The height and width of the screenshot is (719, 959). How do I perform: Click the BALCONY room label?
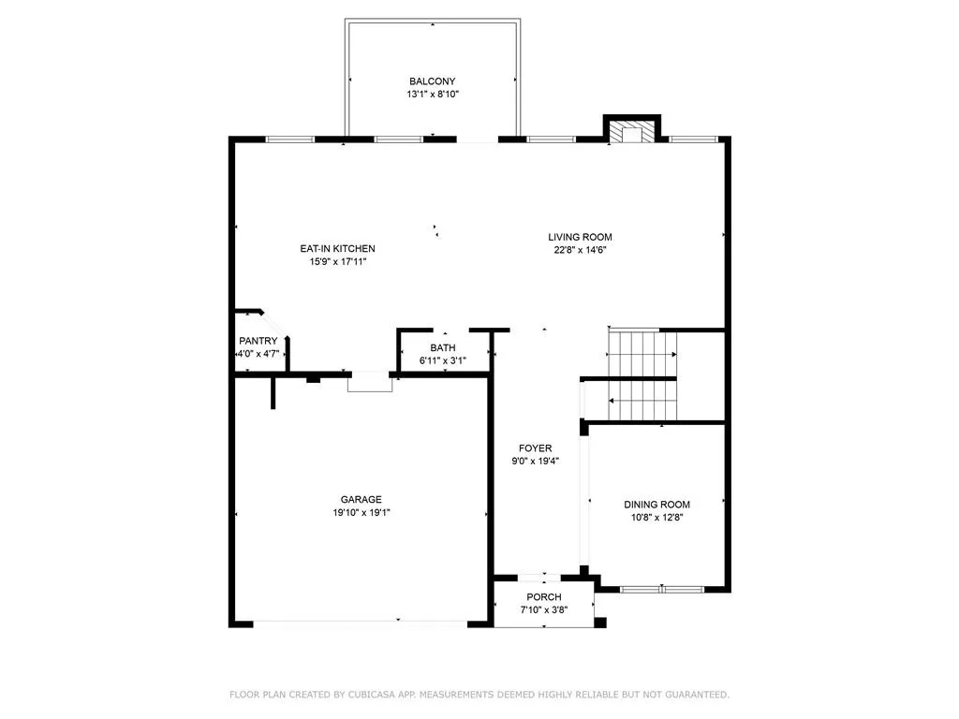[x=432, y=81]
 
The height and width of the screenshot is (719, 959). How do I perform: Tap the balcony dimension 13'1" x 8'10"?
[x=432, y=95]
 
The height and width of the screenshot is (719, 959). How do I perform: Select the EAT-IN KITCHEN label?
[x=337, y=248]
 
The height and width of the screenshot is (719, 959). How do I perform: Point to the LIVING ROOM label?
[x=580, y=237]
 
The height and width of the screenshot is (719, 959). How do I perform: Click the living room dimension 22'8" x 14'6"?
[x=580, y=250]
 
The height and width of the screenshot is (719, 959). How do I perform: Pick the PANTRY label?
[x=258, y=341]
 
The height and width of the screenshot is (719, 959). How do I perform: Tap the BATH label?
[x=443, y=348]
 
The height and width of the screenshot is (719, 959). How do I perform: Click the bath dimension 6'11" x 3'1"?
[x=443, y=361]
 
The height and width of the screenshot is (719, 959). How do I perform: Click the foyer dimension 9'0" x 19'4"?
[x=536, y=461]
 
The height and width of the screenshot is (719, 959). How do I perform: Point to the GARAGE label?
[x=361, y=499]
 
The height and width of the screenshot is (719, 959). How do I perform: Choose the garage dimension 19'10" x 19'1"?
[x=361, y=512]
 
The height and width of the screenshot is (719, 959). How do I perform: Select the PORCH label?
[x=543, y=597]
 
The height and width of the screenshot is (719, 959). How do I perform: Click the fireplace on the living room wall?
[x=633, y=132]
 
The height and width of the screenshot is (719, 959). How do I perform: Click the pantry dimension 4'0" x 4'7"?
[x=258, y=355]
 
